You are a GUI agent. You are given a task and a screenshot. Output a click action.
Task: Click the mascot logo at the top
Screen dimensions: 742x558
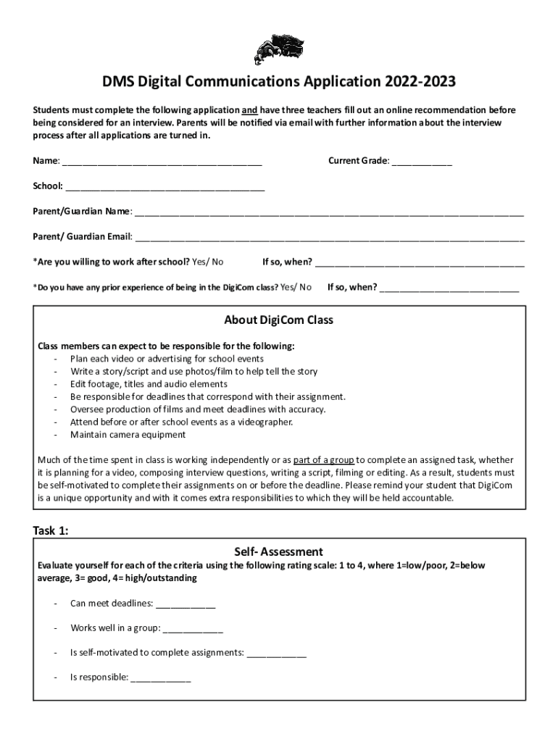click(x=278, y=50)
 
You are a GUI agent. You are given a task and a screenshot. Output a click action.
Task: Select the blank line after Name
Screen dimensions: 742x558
click(x=162, y=162)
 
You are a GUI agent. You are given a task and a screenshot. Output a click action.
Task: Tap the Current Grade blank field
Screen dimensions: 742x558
click(x=422, y=162)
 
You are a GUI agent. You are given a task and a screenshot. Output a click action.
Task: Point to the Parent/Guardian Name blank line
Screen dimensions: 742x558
click(x=329, y=213)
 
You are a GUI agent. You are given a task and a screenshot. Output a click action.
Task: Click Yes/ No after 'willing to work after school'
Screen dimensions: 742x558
click(x=208, y=262)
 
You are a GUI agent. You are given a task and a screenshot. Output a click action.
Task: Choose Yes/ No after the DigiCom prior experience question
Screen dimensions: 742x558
click(x=296, y=287)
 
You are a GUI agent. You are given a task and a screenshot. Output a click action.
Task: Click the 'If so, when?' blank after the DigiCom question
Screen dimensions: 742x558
click(x=449, y=288)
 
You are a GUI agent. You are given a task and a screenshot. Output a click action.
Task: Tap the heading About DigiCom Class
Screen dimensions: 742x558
click(x=279, y=320)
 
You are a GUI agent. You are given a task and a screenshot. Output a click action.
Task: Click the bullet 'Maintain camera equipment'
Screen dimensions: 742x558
click(x=128, y=435)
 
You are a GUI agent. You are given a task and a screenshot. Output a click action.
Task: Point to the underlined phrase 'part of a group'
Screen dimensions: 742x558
click(x=323, y=459)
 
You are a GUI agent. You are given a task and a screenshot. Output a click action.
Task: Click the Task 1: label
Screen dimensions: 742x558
click(x=51, y=530)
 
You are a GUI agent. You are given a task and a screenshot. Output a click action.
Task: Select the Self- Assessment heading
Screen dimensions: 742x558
click(x=279, y=551)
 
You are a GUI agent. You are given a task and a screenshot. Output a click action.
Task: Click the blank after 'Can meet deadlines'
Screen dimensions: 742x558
click(x=186, y=604)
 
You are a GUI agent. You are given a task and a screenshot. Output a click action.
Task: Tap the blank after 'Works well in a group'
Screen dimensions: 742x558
click(x=193, y=628)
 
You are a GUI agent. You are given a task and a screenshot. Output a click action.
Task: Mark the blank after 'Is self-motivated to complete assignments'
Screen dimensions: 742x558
click(x=277, y=653)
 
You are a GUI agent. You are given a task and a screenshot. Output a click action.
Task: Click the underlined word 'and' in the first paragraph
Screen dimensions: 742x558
click(x=250, y=110)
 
